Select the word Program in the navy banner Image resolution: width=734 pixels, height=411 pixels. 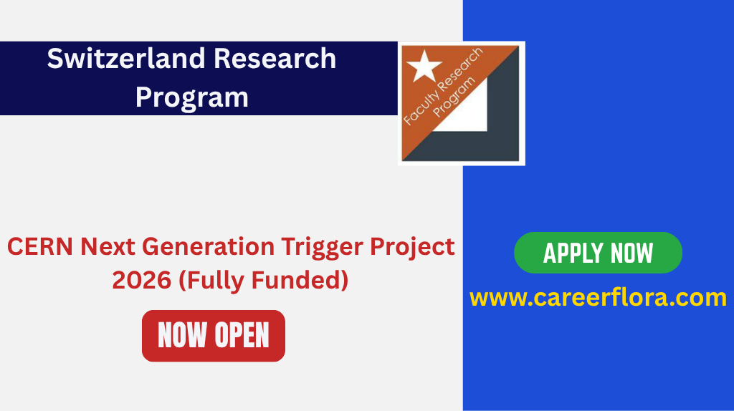coord(192,97)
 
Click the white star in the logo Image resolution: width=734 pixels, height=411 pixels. coord(424,66)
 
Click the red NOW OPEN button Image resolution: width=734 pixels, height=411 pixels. coord(214,335)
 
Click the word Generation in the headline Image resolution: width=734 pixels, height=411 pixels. coord(208,247)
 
